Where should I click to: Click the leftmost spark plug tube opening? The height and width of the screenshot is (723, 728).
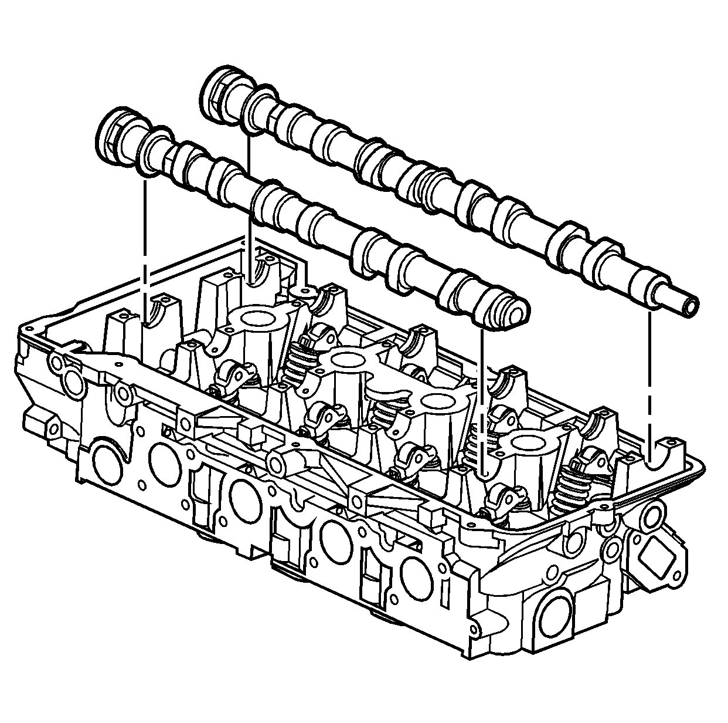point(252,320)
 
